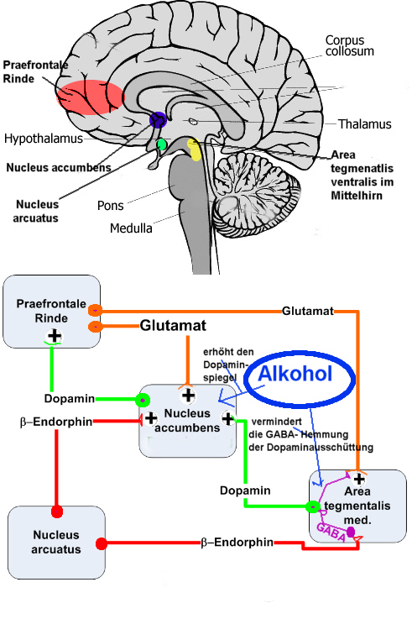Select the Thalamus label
click(364, 124)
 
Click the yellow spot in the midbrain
click(195, 150)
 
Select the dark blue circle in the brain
click(158, 120)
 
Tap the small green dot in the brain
click(162, 145)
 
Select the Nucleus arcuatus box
click(56, 543)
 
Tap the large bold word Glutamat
click(173, 325)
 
